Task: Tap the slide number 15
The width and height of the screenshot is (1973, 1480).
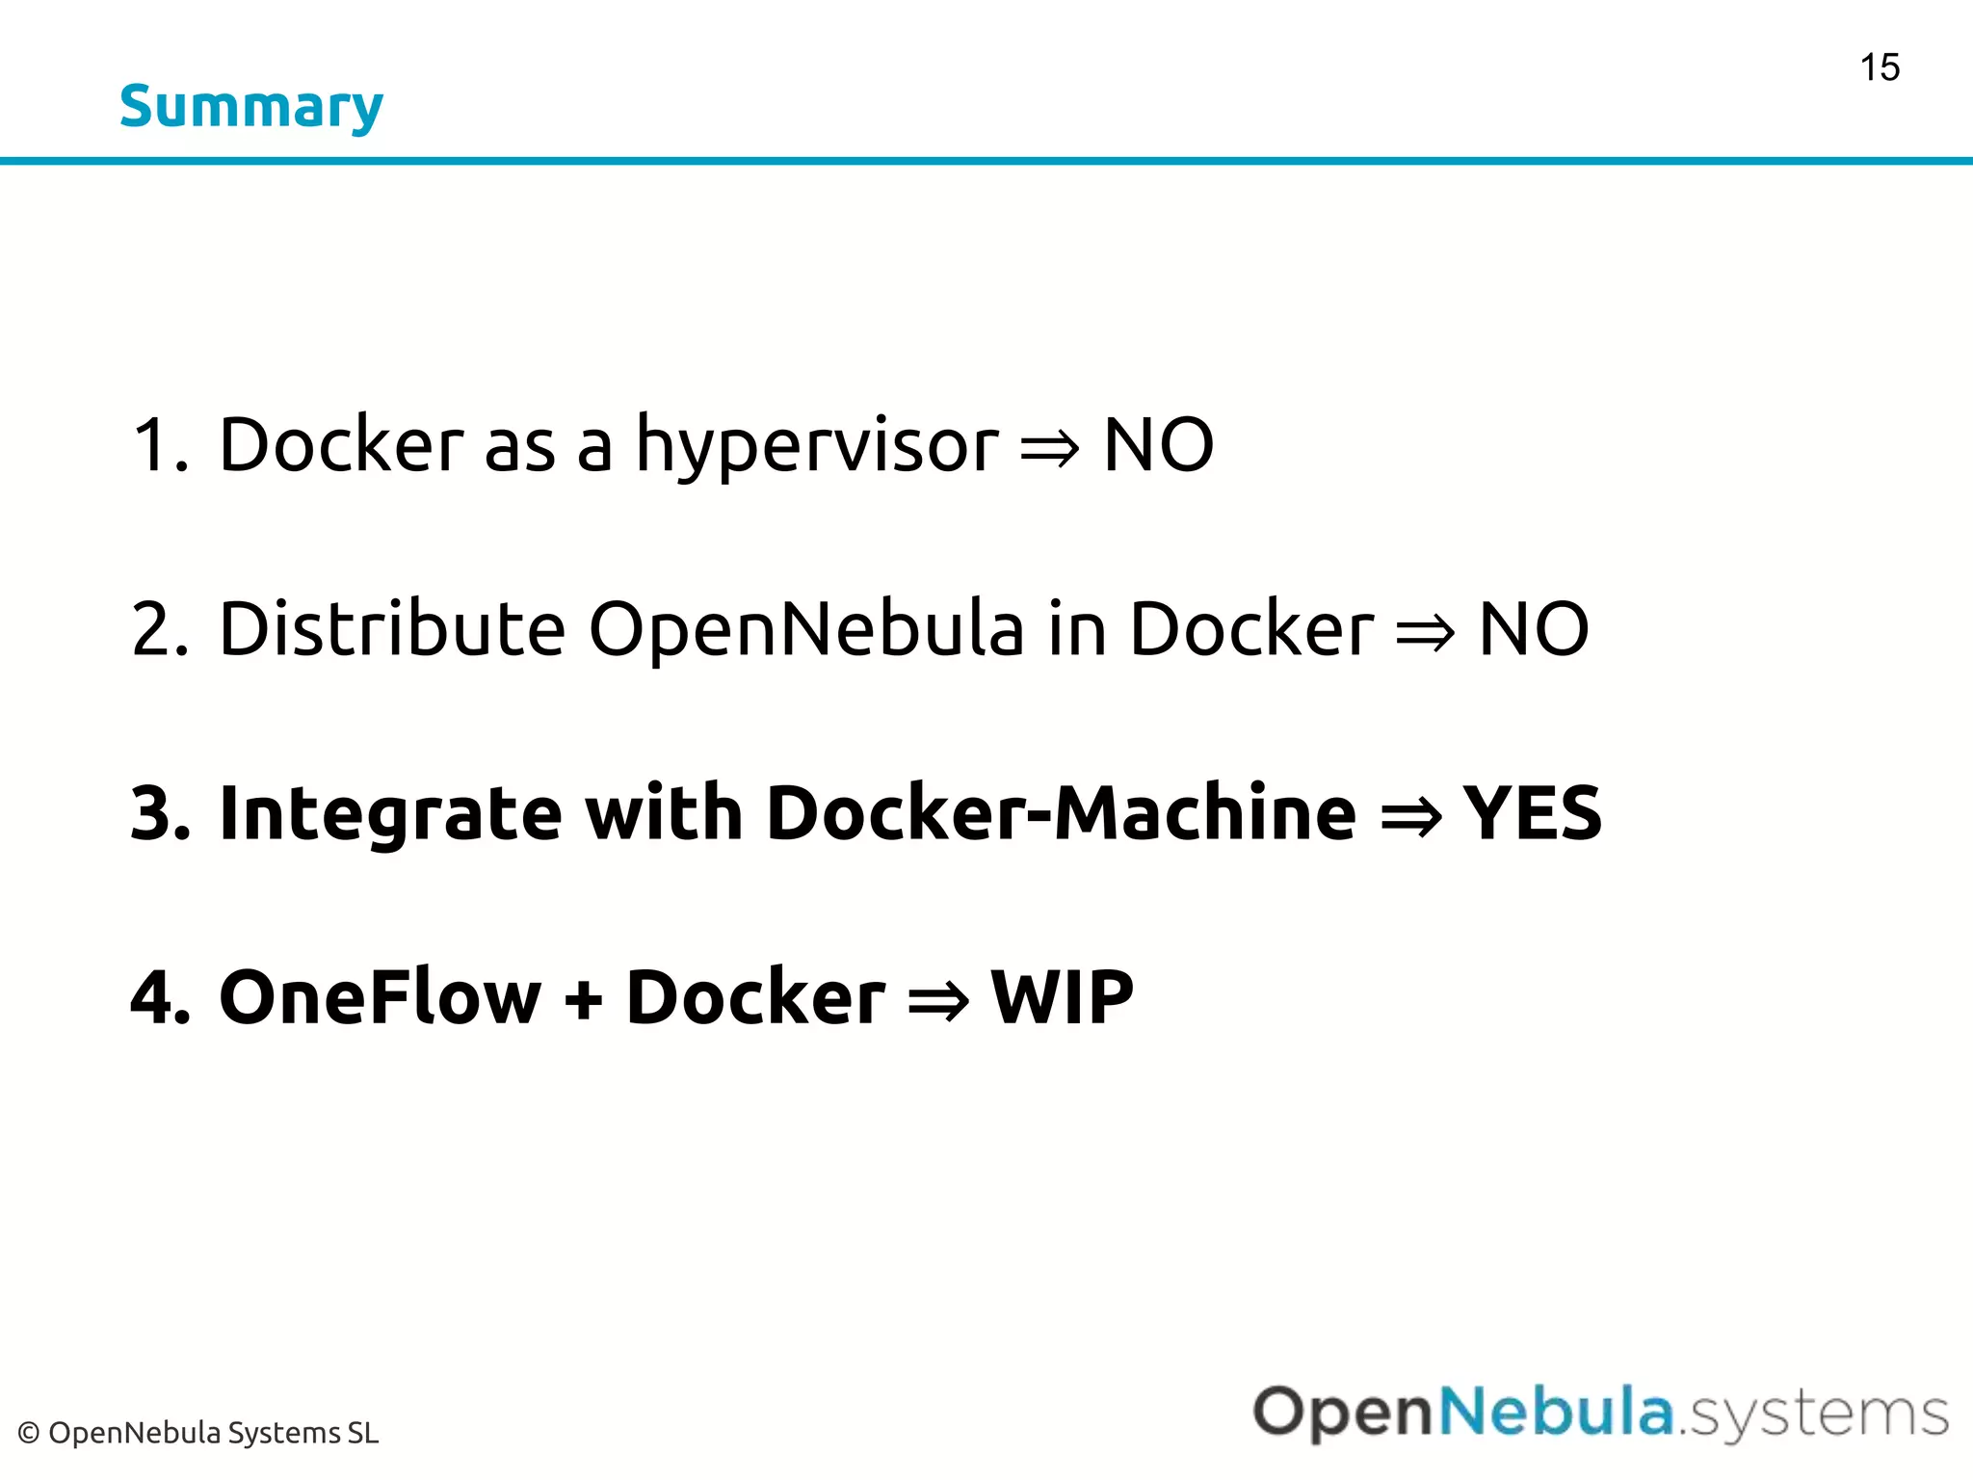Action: (x=1880, y=68)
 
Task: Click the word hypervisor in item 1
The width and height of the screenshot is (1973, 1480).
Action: (x=817, y=446)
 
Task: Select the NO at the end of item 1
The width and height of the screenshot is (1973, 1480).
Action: (x=1158, y=445)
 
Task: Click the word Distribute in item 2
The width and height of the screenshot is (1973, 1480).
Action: (x=392, y=629)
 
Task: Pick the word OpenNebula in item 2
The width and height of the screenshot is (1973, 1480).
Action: (x=806, y=629)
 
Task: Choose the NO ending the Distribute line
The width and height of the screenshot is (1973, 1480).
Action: (x=1533, y=629)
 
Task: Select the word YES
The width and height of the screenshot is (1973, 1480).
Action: (x=1532, y=813)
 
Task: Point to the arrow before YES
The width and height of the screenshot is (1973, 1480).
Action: (x=1410, y=817)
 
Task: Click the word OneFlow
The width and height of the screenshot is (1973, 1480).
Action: (x=381, y=997)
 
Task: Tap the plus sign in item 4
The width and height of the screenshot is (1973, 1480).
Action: (x=584, y=999)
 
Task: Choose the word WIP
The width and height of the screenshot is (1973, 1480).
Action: (x=1062, y=997)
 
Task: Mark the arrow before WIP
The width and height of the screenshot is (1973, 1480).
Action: (x=937, y=1001)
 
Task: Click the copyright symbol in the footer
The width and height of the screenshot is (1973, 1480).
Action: (x=29, y=1434)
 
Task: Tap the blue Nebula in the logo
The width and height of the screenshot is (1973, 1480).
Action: (x=1557, y=1413)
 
